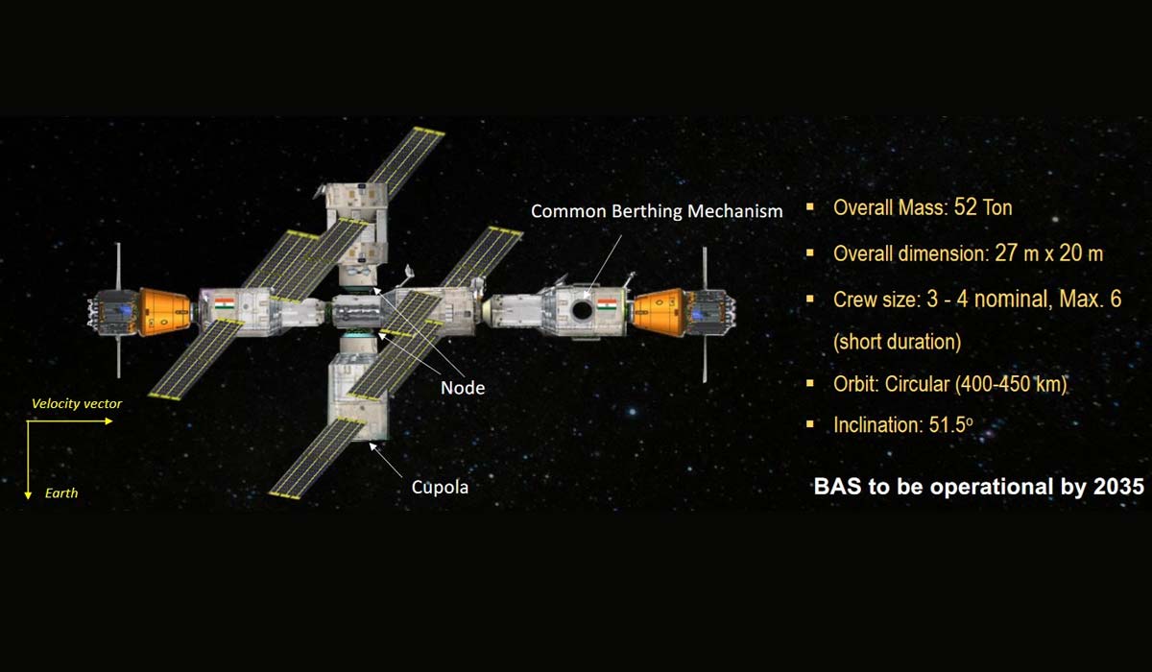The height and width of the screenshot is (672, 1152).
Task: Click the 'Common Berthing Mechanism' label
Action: pyautogui.click(x=657, y=211)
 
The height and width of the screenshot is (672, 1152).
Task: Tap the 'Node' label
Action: pyautogui.click(x=463, y=388)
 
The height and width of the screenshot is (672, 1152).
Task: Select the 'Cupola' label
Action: pyautogui.click(x=440, y=487)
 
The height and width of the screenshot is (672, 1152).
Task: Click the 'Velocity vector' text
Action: pyautogui.click(x=77, y=403)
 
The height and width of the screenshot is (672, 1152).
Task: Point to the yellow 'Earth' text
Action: pyautogui.click(x=61, y=493)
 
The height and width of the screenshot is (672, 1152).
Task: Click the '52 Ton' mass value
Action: pyautogui.click(x=983, y=207)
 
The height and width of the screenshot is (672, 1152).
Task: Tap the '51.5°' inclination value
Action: pyautogui.click(x=950, y=425)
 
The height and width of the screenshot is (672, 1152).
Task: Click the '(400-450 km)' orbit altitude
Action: pyautogui.click(x=1010, y=384)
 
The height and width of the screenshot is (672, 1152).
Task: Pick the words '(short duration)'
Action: pyautogui.click(x=897, y=342)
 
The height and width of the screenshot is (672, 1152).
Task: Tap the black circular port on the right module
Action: pyautogui.click(x=582, y=309)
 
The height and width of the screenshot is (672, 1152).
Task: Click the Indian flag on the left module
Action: pyautogui.click(x=225, y=303)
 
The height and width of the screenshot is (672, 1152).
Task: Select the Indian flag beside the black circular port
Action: pyautogui.click(x=607, y=304)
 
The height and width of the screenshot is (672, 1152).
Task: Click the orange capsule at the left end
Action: pyautogui.click(x=165, y=312)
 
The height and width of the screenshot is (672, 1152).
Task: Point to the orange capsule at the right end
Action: pyautogui.click(x=659, y=313)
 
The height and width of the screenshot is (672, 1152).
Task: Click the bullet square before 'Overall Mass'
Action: pyautogui.click(x=810, y=207)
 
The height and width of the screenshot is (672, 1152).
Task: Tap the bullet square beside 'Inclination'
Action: pyautogui.click(x=810, y=424)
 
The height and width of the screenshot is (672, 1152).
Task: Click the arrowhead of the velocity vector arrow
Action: pyautogui.click(x=109, y=421)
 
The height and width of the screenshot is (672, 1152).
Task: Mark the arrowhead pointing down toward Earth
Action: pyautogui.click(x=28, y=495)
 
